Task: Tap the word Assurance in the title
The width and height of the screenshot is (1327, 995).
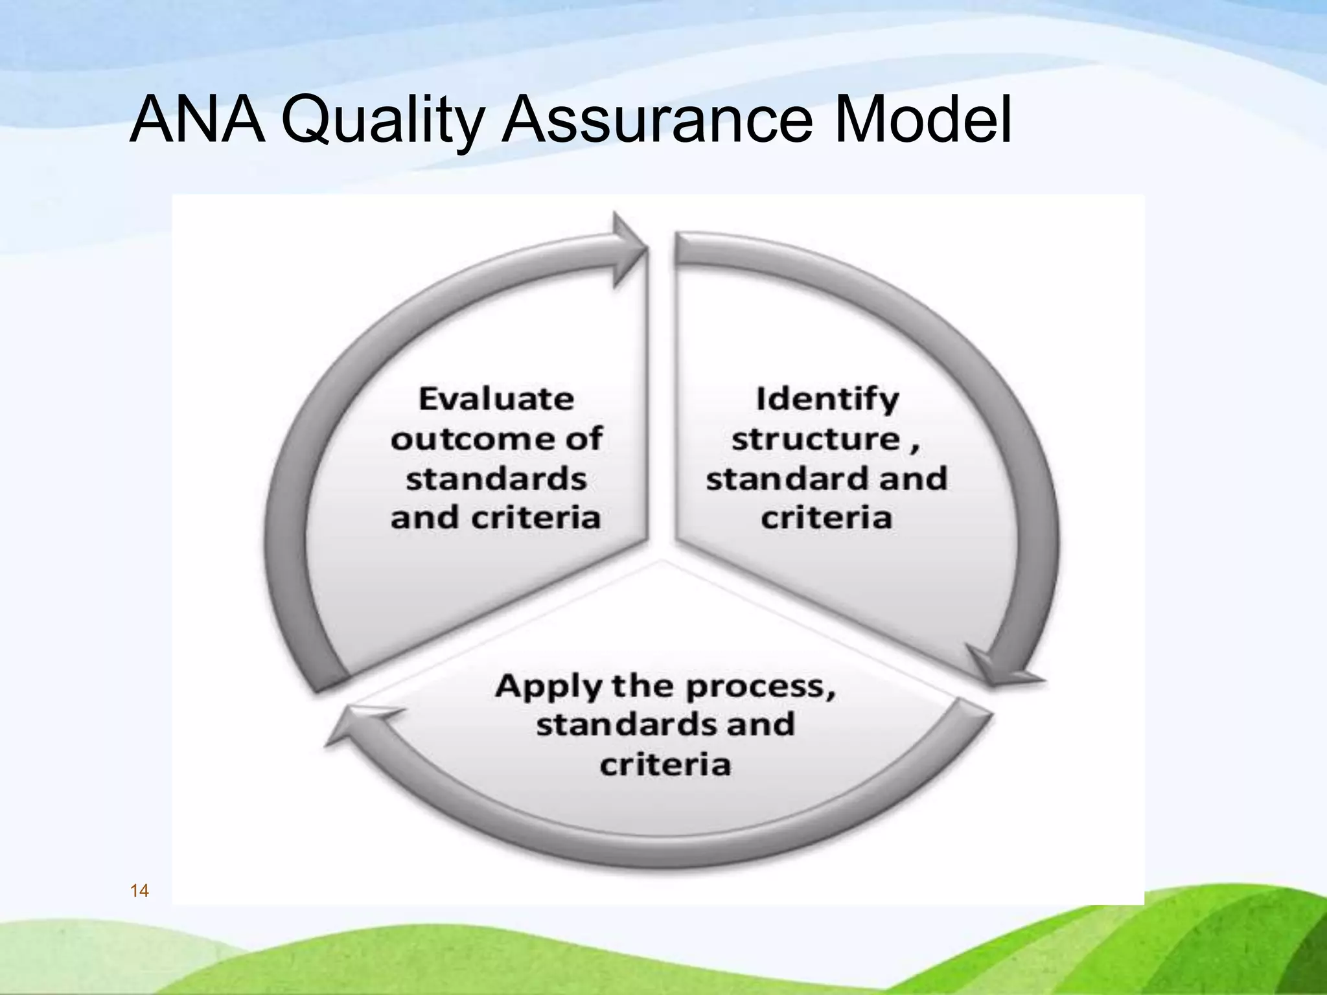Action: click(x=657, y=120)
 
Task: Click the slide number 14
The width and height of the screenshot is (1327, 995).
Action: click(x=139, y=891)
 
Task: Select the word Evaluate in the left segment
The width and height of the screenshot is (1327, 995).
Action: click(x=496, y=398)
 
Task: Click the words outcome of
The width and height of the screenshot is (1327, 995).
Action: click(x=496, y=439)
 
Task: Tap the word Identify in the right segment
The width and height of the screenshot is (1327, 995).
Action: click(x=827, y=399)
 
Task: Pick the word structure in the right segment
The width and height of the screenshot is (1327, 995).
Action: click(x=816, y=439)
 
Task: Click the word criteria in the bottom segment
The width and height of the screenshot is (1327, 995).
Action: click(x=665, y=765)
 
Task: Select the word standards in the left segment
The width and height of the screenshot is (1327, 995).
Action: click(x=496, y=479)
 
